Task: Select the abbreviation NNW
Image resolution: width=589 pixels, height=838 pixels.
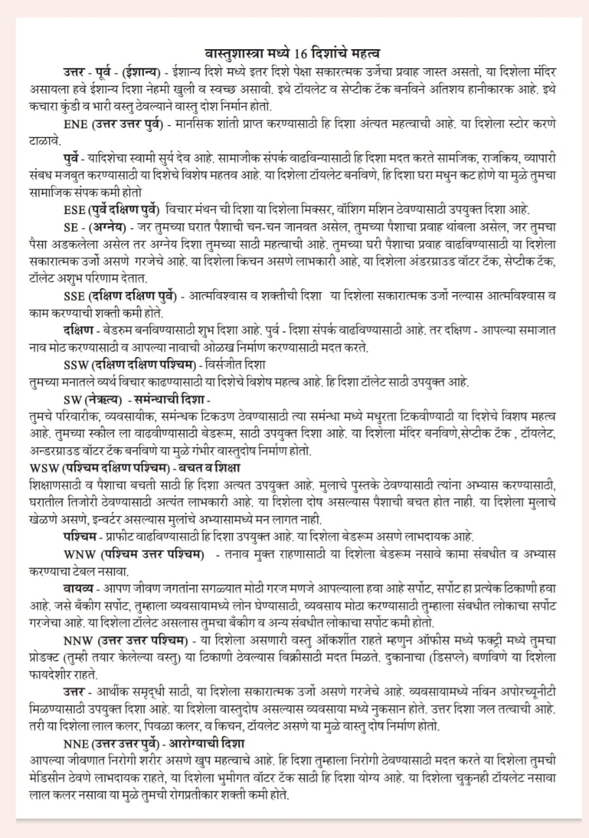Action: (80, 639)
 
